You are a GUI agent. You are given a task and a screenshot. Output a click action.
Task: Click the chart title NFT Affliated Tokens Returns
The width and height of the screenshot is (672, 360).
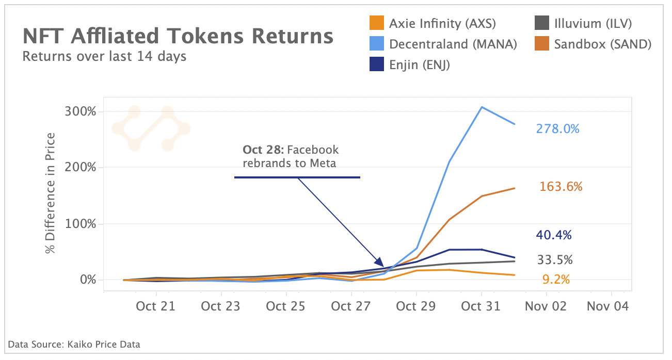(178, 37)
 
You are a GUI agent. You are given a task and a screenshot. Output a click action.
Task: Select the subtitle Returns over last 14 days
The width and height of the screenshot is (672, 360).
(104, 56)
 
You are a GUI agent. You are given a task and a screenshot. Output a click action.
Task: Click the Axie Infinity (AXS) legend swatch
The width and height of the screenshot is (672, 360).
(377, 23)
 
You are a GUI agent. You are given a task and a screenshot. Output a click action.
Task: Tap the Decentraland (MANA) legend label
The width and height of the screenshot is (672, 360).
(453, 44)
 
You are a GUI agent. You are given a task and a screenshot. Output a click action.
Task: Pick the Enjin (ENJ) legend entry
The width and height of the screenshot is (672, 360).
(420, 65)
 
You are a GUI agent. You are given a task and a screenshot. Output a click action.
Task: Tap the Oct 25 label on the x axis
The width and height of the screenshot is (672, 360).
(286, 306)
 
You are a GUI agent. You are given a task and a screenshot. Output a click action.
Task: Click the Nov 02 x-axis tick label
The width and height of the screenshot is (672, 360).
(546, 306)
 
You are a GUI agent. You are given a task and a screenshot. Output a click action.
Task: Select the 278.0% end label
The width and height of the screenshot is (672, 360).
(557, 129)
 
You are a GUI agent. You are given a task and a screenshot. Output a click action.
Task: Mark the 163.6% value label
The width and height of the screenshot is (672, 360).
(561, 187)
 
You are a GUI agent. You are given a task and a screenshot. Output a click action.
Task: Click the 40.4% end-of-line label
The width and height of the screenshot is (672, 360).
(553, 235)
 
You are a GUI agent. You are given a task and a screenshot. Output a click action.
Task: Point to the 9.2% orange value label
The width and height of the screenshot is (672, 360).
(556, 280)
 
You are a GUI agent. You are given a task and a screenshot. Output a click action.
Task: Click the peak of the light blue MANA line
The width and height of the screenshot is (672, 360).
(482, 107)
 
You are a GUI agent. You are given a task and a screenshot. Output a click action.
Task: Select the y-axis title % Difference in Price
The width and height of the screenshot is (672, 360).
(50, 193)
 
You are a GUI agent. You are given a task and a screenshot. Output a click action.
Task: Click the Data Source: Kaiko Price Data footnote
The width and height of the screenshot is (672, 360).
(74, 344)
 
